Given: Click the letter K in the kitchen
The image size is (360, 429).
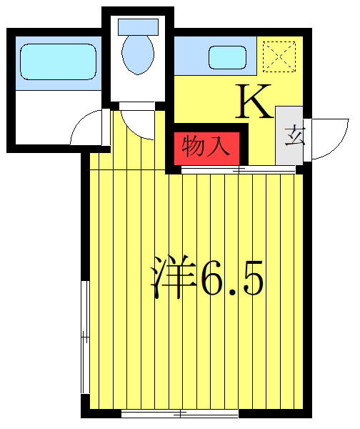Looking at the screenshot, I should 255,102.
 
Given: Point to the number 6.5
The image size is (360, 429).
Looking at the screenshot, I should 233,278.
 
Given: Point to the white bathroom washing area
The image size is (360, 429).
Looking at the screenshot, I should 57,114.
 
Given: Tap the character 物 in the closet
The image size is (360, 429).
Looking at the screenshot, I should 194,147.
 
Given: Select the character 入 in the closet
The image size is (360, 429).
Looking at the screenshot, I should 219,147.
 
